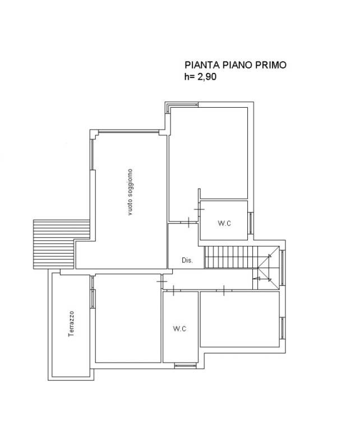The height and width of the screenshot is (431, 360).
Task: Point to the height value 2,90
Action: [207, 77]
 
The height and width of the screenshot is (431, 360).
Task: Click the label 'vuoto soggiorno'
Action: [130, 192]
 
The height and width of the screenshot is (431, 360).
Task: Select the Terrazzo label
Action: [71, 324]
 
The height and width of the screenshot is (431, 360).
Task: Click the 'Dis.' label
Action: [187, 260]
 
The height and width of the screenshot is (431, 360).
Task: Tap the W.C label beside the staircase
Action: [224, 223]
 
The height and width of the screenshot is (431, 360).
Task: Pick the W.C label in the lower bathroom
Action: [179, 328]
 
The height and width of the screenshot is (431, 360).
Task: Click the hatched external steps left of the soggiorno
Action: [61, 244]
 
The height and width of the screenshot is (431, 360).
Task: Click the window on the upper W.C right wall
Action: [251, 223]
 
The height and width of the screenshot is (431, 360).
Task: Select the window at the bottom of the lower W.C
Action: [186, 365]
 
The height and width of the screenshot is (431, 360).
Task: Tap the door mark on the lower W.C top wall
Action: [173, 291]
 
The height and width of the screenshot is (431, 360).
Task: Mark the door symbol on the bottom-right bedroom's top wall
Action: [224, 291]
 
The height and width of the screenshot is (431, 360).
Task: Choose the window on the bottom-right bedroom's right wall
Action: [282, 328]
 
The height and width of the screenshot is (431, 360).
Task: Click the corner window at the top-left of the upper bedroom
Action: [181, 106]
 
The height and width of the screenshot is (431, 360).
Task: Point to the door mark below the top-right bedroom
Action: [189, 222]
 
